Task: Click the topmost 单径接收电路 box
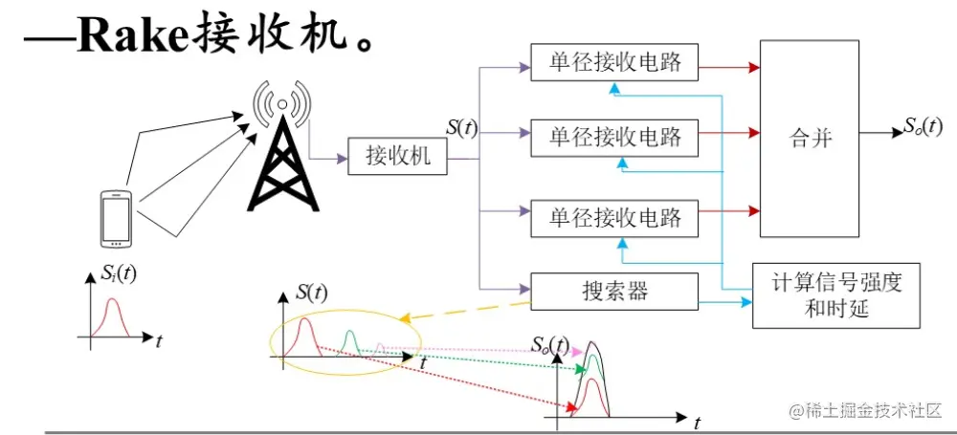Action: pos(615,62)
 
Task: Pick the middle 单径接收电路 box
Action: pos(615,137)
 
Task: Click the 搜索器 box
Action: pos(615,291)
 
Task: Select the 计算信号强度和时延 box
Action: pos(836,295)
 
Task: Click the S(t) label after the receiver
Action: pos(462,127)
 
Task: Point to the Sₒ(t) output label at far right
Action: pos(924,125)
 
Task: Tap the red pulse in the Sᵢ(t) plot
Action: pos(114,315)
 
